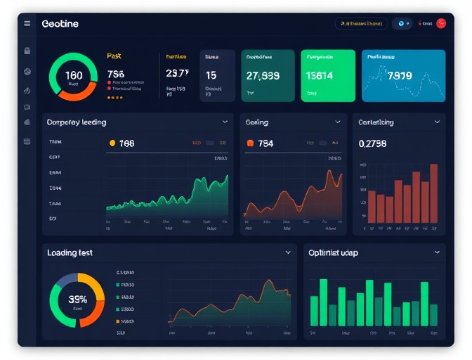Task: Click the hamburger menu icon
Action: tap(27, 23)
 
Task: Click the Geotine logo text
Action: tap(60, 24)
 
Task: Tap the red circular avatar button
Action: tap(441, 23)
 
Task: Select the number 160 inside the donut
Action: tap(73, 75)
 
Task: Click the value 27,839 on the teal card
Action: tap(263, 76)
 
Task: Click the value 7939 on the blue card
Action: tap(400, 76)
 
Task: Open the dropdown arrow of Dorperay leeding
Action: tap(225, 122)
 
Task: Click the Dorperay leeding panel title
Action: tap(77, 122)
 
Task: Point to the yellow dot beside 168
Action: tap(112, 143)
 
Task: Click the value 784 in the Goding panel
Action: tap(265, 143)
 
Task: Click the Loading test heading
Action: tap(70, 252)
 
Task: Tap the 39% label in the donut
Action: tap(77, 298)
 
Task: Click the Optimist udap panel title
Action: tap(333, 252)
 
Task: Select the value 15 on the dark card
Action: tap(211, 75)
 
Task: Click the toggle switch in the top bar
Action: tap(402, 23)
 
